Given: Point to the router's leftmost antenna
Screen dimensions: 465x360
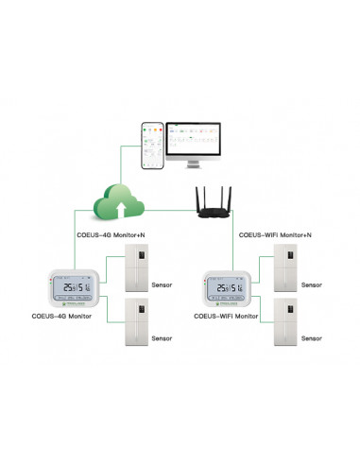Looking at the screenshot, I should [x=199, y=196].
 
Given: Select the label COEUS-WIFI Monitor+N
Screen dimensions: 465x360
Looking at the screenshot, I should [x=275, y=234].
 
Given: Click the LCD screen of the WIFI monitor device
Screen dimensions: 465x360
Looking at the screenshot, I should [x=231, y=288].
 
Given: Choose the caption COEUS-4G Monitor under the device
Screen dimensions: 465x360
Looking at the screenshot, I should [x=60, y=317].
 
